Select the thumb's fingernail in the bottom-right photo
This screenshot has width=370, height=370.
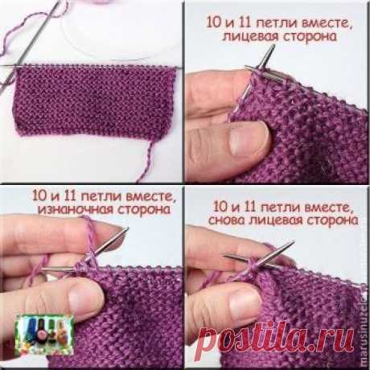(241, 310)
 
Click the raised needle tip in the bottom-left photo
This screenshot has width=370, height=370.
(121, 233)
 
